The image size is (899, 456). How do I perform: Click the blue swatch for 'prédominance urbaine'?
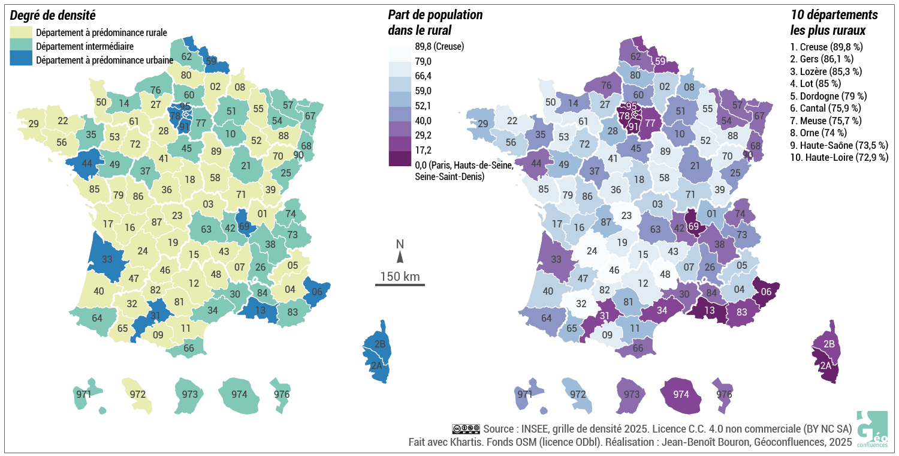tap(22, 60)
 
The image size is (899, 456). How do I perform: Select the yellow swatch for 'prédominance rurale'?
tap(22, 32)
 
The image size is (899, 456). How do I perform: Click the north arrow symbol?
tap(400, 257)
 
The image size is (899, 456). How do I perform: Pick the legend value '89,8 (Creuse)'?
tap(439, 46)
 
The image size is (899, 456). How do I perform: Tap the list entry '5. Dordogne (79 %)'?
tap(828, 95)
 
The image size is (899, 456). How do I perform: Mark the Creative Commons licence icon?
tap(466, 428)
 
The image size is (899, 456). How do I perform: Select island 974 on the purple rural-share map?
tap(681, 395)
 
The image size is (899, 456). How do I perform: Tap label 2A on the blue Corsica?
tap(376, 365)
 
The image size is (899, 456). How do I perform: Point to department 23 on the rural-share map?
tap(626, 215)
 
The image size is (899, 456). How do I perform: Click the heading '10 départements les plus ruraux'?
tap(834, 22)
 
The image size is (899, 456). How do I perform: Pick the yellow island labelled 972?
tap(138, 395)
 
